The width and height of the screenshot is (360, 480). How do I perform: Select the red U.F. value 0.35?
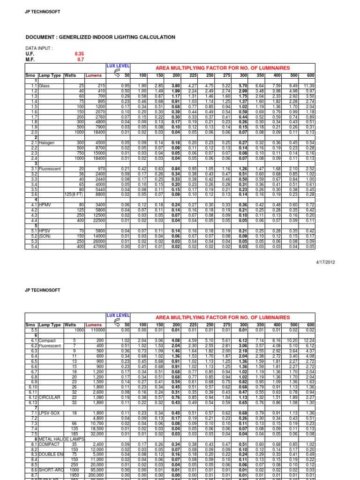[80, 54]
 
